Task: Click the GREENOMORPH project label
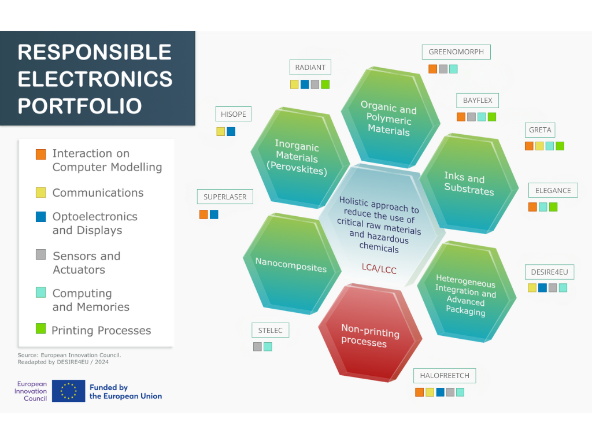pyautogui.click(x=456, y=52)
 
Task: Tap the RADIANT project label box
pyautogui.click(x=310, y=67)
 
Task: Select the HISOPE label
pyautogui.click(x=234, y=114)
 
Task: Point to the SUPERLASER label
pyautogui.click(x=225, y=197)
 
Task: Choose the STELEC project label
pyautogui.click(x=271, y=330)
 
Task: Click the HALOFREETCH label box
pyautogui.click(x=445, y=376)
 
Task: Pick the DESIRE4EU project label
pyautogui.click(x=550, y=272)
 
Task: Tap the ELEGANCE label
pyautogui.click(x=553, y=190)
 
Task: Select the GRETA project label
pyautogui.click(x=540, y=130)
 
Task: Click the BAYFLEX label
pyautogui.click(x=478, y=101)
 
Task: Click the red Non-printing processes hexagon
pyautogui.click(x=370, y=333)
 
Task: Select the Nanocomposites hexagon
pyautogui.click(x=291, y=264)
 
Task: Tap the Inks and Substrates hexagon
pyautogui.click(x=469, y=183)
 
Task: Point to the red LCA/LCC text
pyautogui.click(x=379, y=268)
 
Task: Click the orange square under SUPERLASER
pyautogui.click(x=203, y=214)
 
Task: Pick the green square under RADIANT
pyautogui.click(x=325, y=84)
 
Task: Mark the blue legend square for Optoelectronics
pyautogui.click(x=41, y=217)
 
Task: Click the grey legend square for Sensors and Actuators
pyautogui.click(x=41, y=254)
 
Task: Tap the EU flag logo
pyautogui.click(x=68, y=391)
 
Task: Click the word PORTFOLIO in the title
pyautogui.click(x=80, y=106)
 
